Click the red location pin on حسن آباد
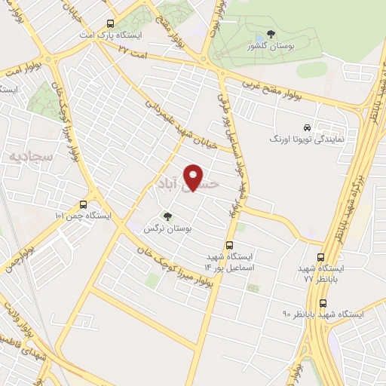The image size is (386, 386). (194, 176)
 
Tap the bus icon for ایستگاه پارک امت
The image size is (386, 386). (111, 23)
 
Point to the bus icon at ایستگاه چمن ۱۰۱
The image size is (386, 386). (82, 204)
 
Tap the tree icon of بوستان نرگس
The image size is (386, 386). (167, 216)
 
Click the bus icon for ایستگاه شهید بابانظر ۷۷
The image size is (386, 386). (322, 256)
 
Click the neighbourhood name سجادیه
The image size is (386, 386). (24, 156)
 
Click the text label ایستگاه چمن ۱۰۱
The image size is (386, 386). (82, 216)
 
